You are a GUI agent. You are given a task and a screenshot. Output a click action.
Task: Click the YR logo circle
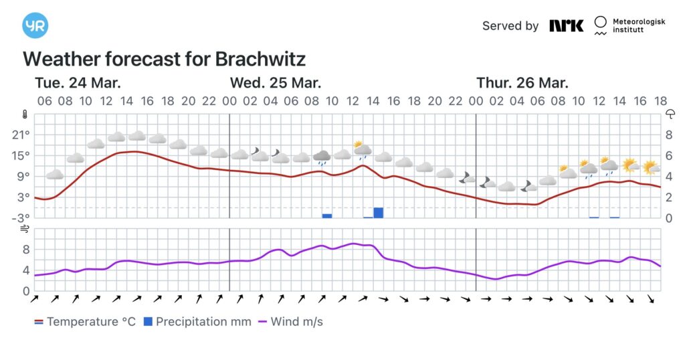tap(35, 25)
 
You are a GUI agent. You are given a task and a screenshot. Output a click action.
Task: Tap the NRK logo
tap(566, 25)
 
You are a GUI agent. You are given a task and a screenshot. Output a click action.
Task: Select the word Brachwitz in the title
tap(260, 59)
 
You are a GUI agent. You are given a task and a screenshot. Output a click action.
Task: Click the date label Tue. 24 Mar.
tap(78, 83)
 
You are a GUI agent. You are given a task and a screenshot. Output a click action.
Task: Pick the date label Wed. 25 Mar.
tap(276, 83)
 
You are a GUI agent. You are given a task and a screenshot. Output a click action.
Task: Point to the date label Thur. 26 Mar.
tap(522, 83)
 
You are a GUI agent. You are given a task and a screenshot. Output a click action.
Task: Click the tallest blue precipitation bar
tap(379, 213)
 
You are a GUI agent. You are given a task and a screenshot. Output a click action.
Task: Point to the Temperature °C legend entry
tap(85, 322)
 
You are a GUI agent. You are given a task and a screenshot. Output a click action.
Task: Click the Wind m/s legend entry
tap(291, 322)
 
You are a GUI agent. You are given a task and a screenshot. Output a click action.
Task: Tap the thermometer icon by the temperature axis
tap(25, 114)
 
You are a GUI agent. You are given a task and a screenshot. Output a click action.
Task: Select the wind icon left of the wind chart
tap(25, 229)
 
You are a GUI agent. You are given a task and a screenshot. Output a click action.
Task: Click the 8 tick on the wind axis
tap(26, 250)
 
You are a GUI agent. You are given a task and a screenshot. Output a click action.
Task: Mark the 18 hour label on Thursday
tap(660, 101)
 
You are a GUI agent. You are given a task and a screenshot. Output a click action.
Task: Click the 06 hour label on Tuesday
tap(45, 101)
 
